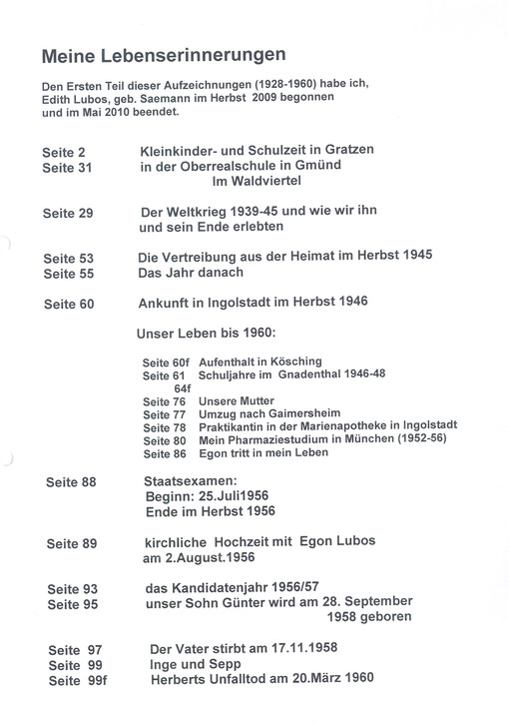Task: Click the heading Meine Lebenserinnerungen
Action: point(165,53)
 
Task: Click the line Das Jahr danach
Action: point(190,273)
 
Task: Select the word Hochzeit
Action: point(239,542)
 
